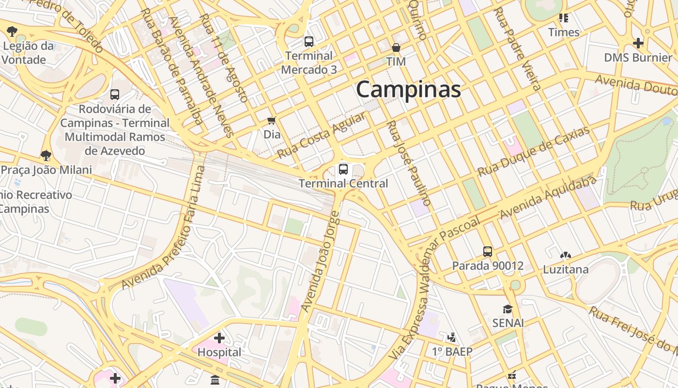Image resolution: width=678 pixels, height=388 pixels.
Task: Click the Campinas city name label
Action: (408, 90)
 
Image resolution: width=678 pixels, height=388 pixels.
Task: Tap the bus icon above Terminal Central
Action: (343, 169)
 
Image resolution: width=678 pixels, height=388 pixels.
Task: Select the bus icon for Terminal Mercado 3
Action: (308, 42)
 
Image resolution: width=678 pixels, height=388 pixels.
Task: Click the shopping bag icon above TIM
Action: (396, 48)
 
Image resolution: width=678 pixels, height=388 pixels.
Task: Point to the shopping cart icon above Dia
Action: (272, 120)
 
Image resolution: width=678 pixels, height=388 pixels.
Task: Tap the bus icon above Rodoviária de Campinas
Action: (115, 95)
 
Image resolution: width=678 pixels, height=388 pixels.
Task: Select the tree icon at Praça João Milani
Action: (46, 156)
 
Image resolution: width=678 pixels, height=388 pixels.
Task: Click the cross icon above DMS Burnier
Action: (638, 43)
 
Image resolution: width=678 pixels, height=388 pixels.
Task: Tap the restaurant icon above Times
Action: (563, 18)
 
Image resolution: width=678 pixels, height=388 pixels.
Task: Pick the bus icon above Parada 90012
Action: (488, 252)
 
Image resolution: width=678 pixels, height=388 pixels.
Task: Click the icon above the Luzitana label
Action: (565, 255)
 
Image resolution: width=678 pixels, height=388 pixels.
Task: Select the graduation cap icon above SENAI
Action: (508, 309)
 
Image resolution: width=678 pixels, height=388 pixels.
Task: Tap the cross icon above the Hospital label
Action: (219, 338)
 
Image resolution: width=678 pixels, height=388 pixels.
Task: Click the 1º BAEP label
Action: (452, 352)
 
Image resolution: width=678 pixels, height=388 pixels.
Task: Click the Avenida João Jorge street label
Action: (321, 262)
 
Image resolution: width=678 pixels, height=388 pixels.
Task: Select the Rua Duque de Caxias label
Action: (534, 151)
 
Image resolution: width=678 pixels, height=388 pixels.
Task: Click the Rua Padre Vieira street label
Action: (517, 49)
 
